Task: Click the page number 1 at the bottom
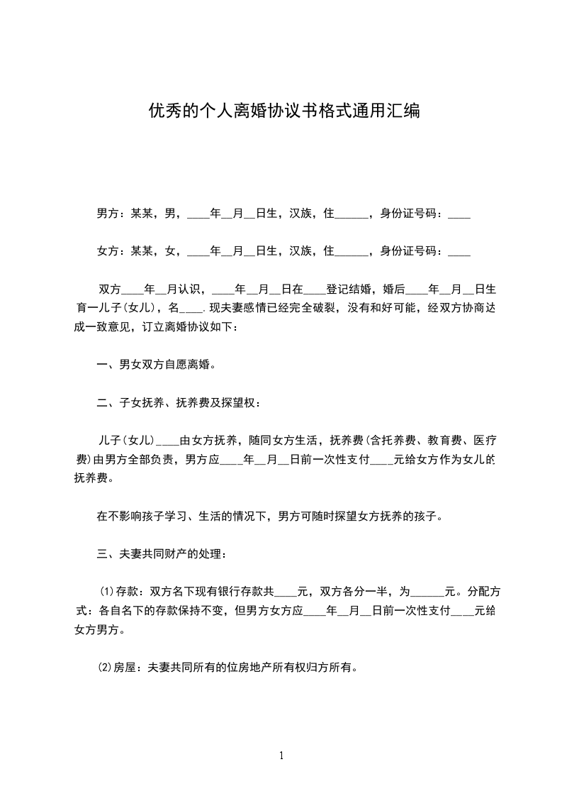point(281,756)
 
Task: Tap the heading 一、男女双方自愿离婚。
point(155,365)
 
